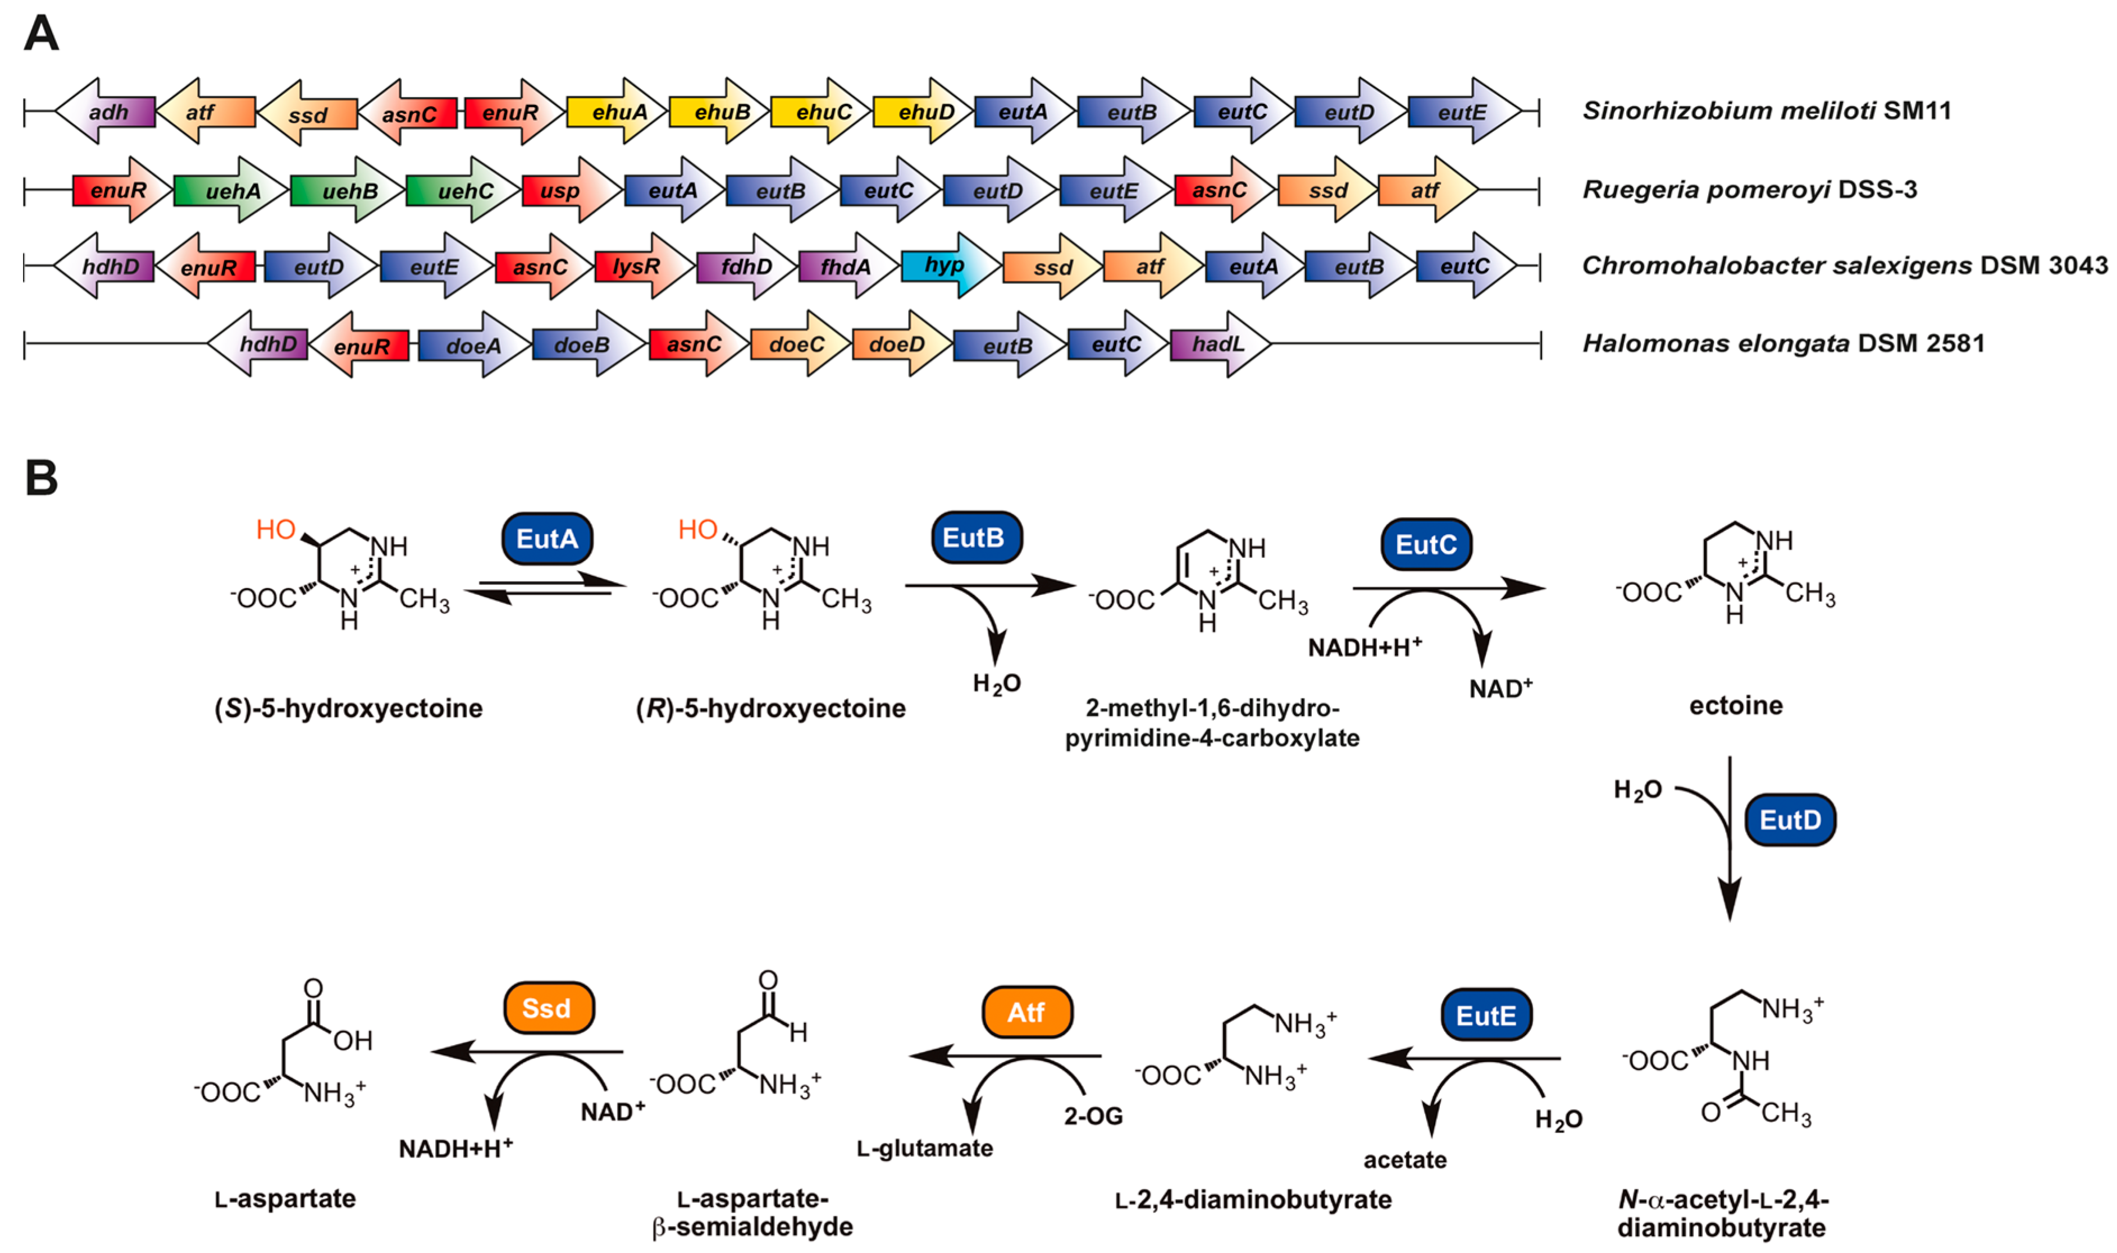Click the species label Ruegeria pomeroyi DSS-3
pyautogui.click(x=1749, y=189)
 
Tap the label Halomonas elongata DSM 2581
pyautogui.click(x=1782, y=343)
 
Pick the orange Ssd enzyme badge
pyautogui.click(x=548, y=1008)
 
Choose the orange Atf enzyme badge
pyautogui.click(x=1026, y=1012)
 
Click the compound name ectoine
pyautogui.click(x=1735, y=705)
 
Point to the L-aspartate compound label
pyautogui.click(x=285, y=1198)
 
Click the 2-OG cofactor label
pyautogui.click(x=1093, y=1116)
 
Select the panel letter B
pyautogui.click(x=40, y=478)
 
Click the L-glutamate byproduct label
pyautogui.click(x=924, y=1148)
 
